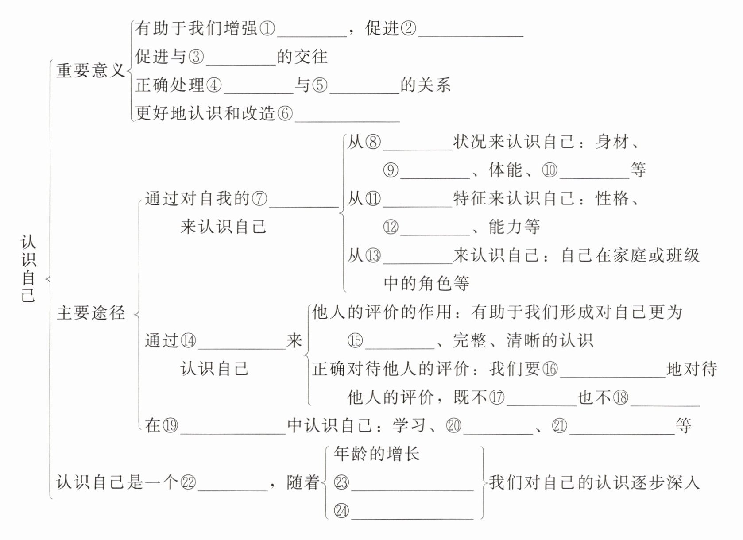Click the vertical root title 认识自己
[x=28, y=269]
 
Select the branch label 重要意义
[x=90, y=71]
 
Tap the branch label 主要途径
[x=91, y=313]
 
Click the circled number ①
[x=267, y=29]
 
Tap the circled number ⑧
[x=373, y=142]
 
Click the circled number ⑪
[x=373, y=199]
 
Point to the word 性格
[x=612, y=199]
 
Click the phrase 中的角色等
[x=426, y=284]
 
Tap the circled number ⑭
[x=188, y=341]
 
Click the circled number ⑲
[x=170, y=426]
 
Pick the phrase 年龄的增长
[x=376, y=454]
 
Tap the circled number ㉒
[x=188, y=482]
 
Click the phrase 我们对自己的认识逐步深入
[x=594, y=482]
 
